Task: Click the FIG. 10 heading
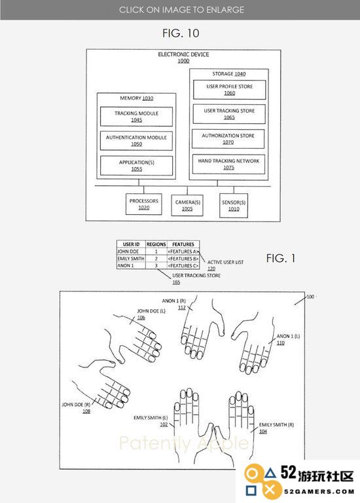coord(181,33)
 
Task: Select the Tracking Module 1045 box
coord(136,117)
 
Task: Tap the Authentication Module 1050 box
coord(136,141)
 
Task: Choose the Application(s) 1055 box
coord(136,166)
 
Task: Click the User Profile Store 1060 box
coord(230,90)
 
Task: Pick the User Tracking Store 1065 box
coord(229,114)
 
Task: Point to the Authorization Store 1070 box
coord(228,139)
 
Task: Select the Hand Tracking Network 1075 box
coord(228,164)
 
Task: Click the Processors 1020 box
coord(143,204)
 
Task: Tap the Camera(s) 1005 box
coord(187,205)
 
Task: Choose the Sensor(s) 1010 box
coord(234,205)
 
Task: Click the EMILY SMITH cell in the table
coord(131,259)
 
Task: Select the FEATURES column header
coord(183,244)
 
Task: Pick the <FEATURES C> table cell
coord(183,266)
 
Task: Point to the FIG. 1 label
coord(281,258)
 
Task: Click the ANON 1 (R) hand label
coord(173,301)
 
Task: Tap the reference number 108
coord(86,411)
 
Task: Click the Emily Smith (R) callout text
coord(276,424)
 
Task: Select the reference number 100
coord(310,297)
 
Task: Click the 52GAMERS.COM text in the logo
coord(319,491)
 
